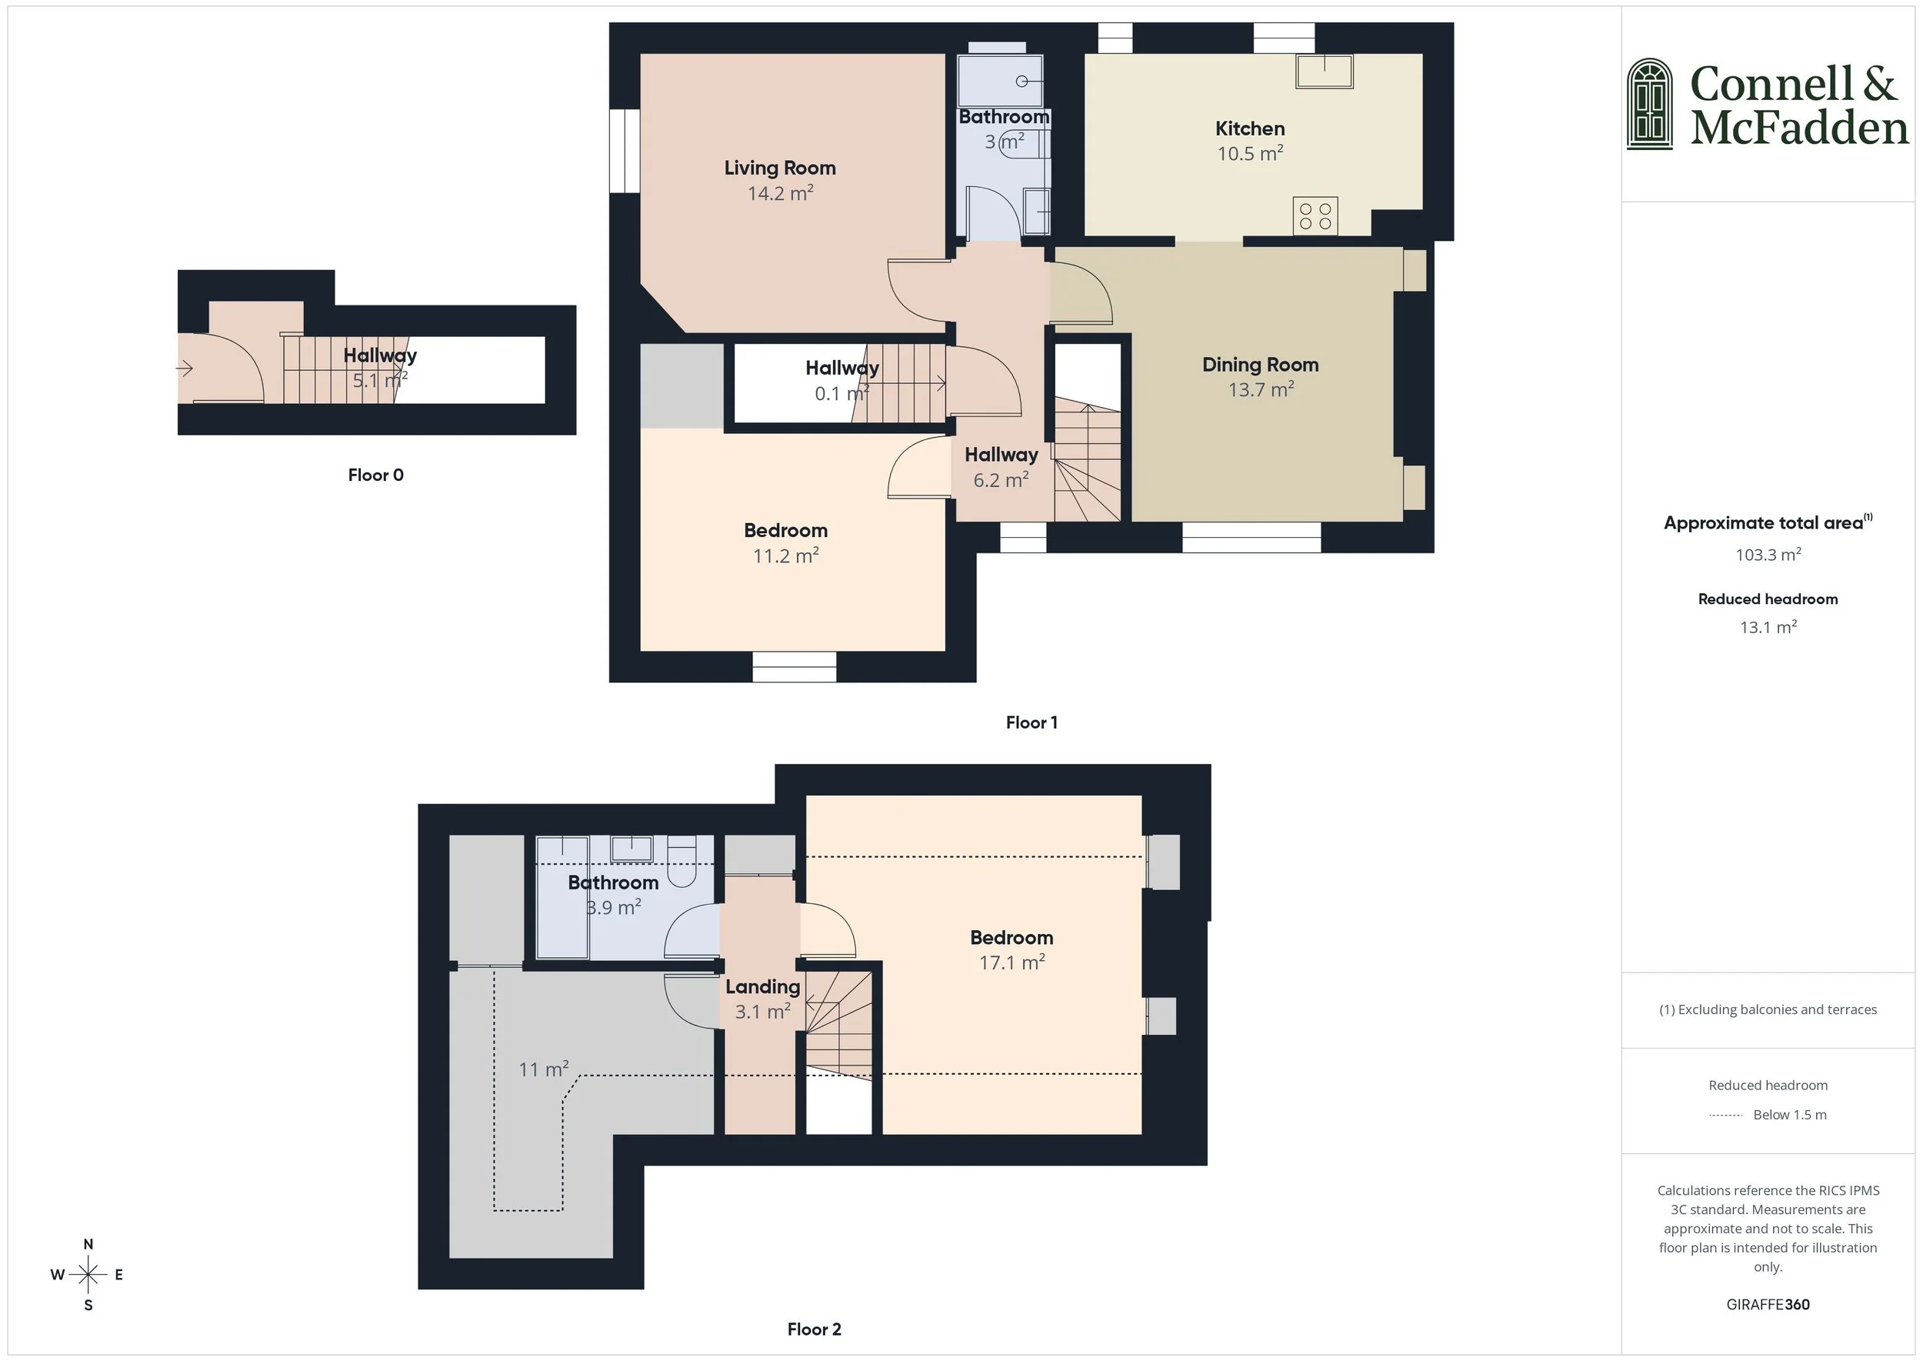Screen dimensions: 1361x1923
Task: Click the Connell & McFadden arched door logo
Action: [1649, 105]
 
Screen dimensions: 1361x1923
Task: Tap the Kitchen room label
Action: [1249, 128]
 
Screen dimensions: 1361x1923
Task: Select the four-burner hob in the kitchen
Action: [1315, 215]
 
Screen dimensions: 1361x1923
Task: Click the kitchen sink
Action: [1324, 72]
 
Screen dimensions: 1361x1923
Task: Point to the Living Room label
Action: [779, 168]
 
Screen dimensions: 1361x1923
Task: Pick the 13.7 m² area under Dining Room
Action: [1260, 390]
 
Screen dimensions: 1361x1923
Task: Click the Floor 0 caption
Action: [375, 475]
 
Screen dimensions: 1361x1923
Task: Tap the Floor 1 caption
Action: [1031, 722]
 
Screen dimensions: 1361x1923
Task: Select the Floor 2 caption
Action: [814, 1329]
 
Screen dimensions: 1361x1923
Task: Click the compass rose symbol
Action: [88, 1275]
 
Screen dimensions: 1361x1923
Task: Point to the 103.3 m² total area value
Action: [1768, 555]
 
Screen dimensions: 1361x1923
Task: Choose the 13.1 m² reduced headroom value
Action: [1768, 628]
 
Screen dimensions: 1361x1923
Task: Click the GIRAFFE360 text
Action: [1768, 1304]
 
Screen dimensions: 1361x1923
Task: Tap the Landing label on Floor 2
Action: [762, 987]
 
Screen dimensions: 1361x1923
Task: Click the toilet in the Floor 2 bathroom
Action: [683, 862]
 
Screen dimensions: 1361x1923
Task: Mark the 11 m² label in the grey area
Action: [543, 1069]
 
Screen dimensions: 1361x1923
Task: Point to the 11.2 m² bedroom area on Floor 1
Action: [785, 555]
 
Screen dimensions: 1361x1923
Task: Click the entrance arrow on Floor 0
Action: [185, 368]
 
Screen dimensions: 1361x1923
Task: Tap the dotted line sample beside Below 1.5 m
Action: [1725, 1116]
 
